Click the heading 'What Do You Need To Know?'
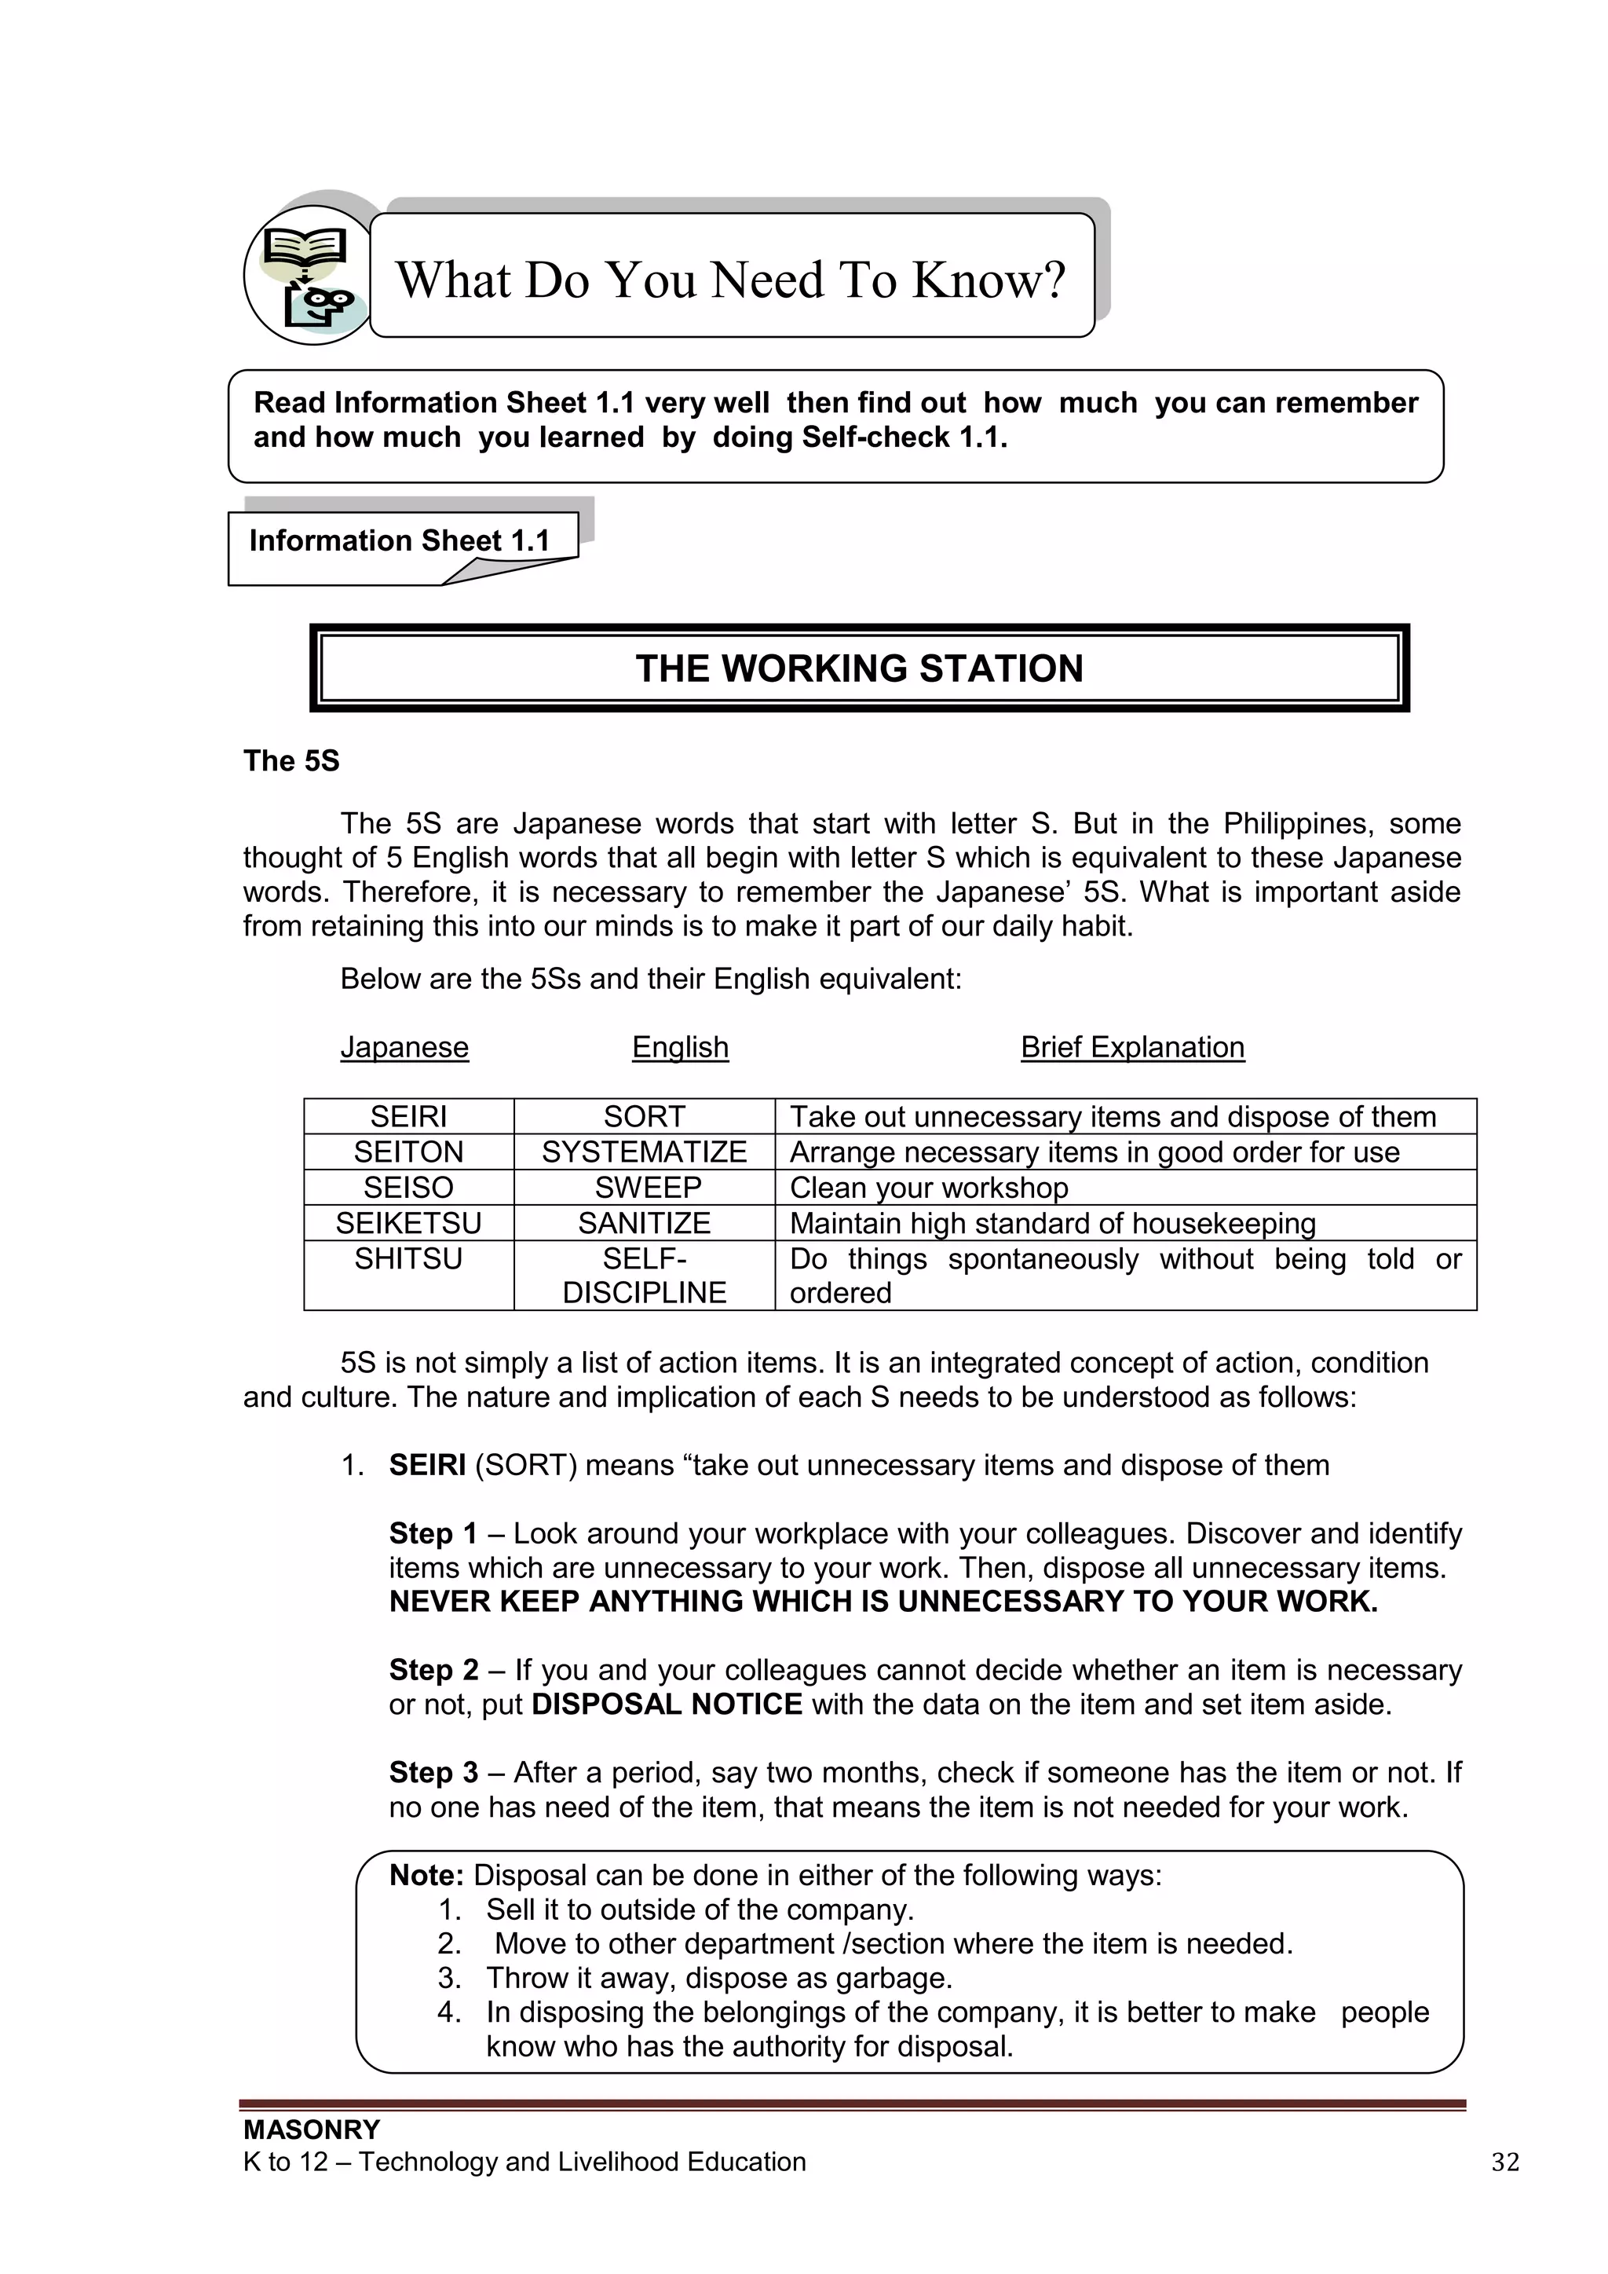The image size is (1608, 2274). point(731,280)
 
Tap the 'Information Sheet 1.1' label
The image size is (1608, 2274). point(399,540)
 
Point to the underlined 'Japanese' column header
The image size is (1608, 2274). point(404,1047)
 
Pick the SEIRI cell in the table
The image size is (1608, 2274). point(408,1116)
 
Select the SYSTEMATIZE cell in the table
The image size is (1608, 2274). point(644,1152)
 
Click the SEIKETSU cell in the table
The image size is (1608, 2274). point(408,1223)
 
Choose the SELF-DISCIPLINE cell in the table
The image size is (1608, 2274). point(644,1276)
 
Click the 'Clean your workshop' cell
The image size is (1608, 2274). point(929,1188)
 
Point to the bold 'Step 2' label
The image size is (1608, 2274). point(433,1670)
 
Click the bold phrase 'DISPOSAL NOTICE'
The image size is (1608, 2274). point(667,1705)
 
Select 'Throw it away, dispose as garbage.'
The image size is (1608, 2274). point(719,1978)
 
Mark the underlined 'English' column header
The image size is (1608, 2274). point(680,1047)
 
